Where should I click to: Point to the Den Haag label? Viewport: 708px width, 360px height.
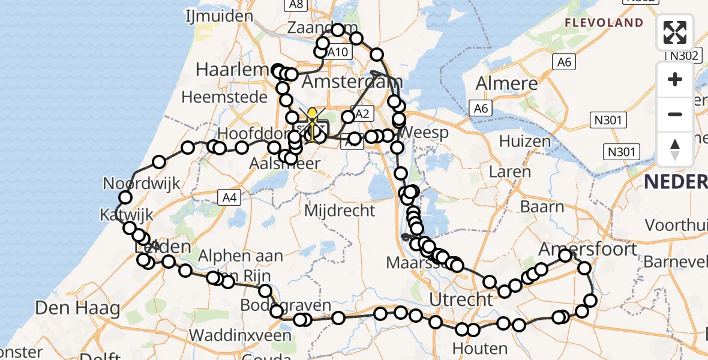click(x=77, y=309)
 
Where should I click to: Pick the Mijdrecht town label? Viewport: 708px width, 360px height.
click(x=340, y=211)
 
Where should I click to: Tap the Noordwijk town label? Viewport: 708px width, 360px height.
click(x=142, y=183)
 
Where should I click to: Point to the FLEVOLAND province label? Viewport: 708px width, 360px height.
click(x=604, y=23)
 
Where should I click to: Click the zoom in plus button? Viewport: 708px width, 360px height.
click(x=675, y=79)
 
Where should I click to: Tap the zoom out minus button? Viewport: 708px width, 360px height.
click(x=675, y=114)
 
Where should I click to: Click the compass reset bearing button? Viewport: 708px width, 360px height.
click(x=675, y=149)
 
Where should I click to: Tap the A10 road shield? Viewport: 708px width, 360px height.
click(x=337, y=52)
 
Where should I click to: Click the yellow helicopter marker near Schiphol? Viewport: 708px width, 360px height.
click(x=312, y=116)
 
